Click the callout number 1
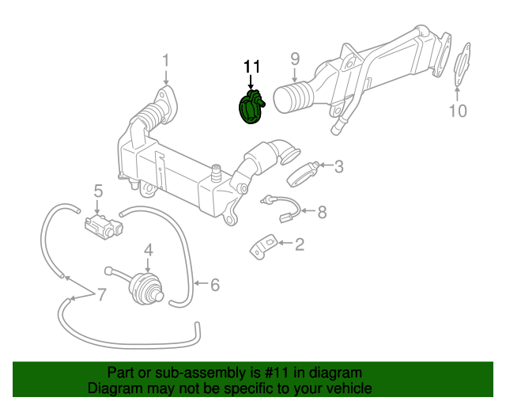coord(166,61)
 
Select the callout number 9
coord(295,58)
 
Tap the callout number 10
coord(459,111)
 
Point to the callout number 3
coord(338,166)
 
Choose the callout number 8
coord(322,212)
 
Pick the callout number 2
coord(299,245)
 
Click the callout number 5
coord(99,191)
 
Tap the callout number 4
coord(148,252)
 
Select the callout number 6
coord(214,284)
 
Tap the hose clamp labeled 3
coord(301,172)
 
